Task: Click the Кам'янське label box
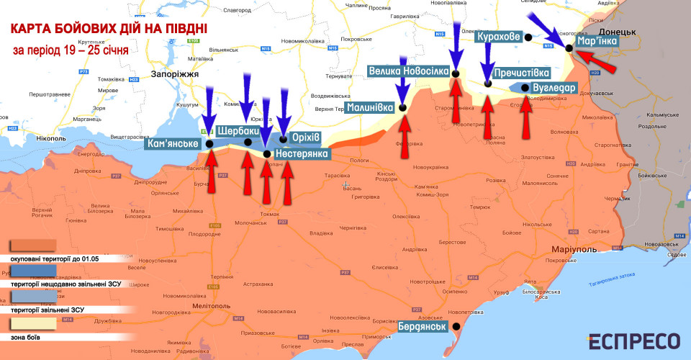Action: coord(172,144)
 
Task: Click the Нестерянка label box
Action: coord(301,153)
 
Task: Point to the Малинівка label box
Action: coord(370,107)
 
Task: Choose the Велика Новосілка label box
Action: coord(408,71)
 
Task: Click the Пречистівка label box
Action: coord(523,73)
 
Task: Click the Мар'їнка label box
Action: coord(597,42)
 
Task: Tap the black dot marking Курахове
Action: coord(528,37)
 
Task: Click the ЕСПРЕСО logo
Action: coord(634,341)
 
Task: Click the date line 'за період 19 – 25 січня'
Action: coord(71,51)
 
